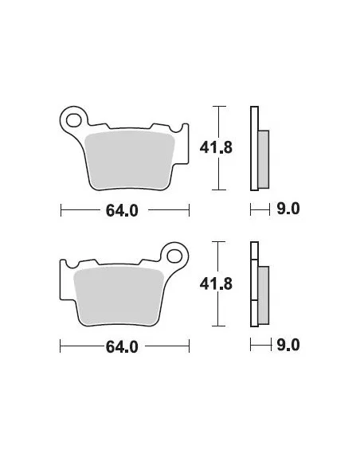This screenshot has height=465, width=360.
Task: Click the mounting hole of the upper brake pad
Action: tap(76, 121)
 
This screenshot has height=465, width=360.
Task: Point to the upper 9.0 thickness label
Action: tap(288, 210)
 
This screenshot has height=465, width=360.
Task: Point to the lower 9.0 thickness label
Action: tap(288, 346)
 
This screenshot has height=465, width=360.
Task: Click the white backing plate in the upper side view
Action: tap(254, 148)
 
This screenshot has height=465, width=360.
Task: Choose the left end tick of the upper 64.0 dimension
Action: tap(61, 210)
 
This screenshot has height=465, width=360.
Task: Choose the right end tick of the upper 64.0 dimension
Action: tap(189, 210)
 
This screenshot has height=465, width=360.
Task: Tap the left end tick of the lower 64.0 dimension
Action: tap(61, 346)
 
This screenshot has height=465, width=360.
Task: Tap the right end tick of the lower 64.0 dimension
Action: tap(189, 346)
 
